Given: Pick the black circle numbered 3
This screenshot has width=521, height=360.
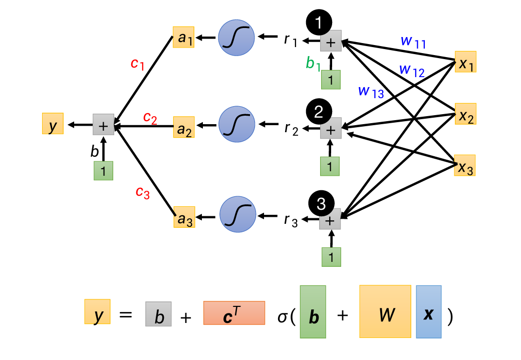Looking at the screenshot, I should click(321, 203).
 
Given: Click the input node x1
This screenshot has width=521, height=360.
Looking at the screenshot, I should click(465, 62).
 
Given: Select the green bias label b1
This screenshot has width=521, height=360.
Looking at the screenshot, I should click(313, 63).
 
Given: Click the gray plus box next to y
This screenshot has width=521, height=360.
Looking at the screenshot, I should click(103, 125).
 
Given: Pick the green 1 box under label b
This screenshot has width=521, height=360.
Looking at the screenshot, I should click(103, 171).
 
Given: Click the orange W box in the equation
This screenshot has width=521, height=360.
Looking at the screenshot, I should click(385, 311).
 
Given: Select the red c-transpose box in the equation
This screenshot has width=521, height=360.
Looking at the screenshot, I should click(234, 313).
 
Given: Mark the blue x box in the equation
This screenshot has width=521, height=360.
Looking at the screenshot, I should click(428, 311).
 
